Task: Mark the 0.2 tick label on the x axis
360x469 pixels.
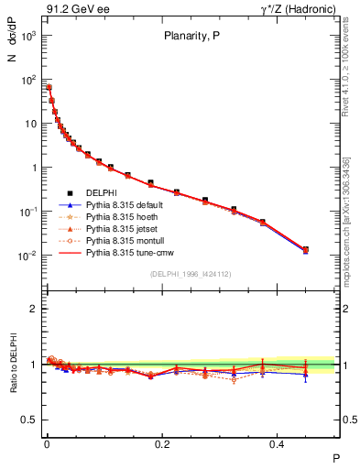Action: (162, 442)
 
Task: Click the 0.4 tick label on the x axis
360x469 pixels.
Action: (278, 442)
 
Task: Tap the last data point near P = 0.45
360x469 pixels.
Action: (306, 249)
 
